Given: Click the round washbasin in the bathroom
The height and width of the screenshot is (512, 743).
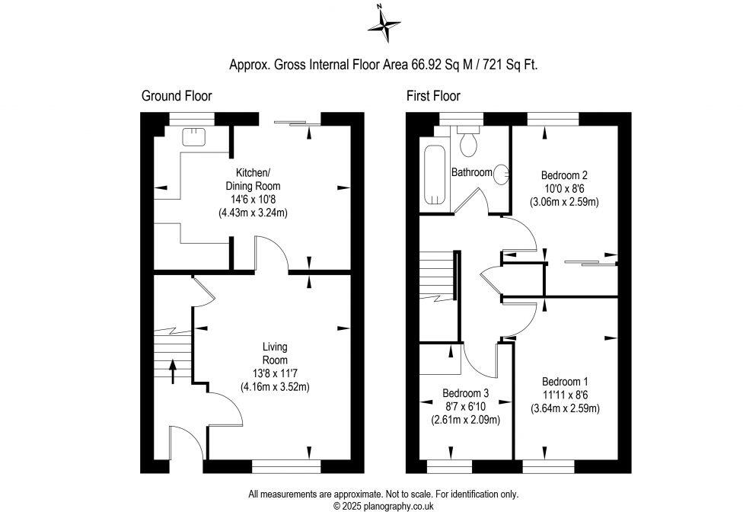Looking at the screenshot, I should click(x=501, y=174).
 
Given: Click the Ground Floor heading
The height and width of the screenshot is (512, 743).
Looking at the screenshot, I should click(x=177, y=96).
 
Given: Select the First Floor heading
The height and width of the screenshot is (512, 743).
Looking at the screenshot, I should click(x=433, y=96).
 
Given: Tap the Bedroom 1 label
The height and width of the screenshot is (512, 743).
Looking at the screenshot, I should click(x=564, y=382).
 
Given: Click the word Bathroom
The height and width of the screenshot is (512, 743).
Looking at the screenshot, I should click(x=472, y=172).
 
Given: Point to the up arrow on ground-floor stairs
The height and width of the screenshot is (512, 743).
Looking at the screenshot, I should click(x=171, y=371).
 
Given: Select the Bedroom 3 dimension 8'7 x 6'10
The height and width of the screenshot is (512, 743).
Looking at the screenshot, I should click(x=466, y=406).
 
